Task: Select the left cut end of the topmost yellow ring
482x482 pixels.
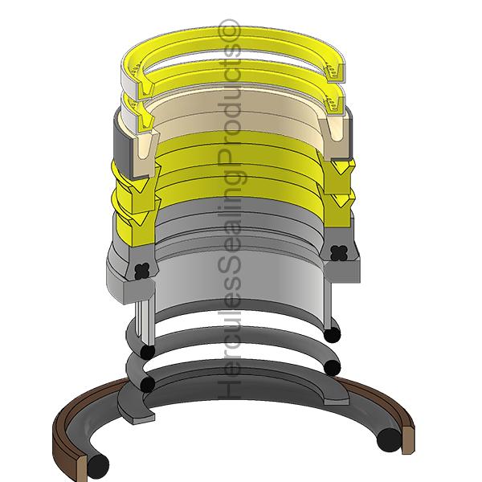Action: tap(136, 80)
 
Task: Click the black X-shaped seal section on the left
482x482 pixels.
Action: tap(144, 270)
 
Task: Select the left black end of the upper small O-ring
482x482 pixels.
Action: tap(147, 353)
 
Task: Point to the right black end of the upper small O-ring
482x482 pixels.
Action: tap(333, 331)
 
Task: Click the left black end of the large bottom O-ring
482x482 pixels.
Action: tap(99, 464)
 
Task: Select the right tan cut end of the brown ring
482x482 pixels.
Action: tap(406, 431)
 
